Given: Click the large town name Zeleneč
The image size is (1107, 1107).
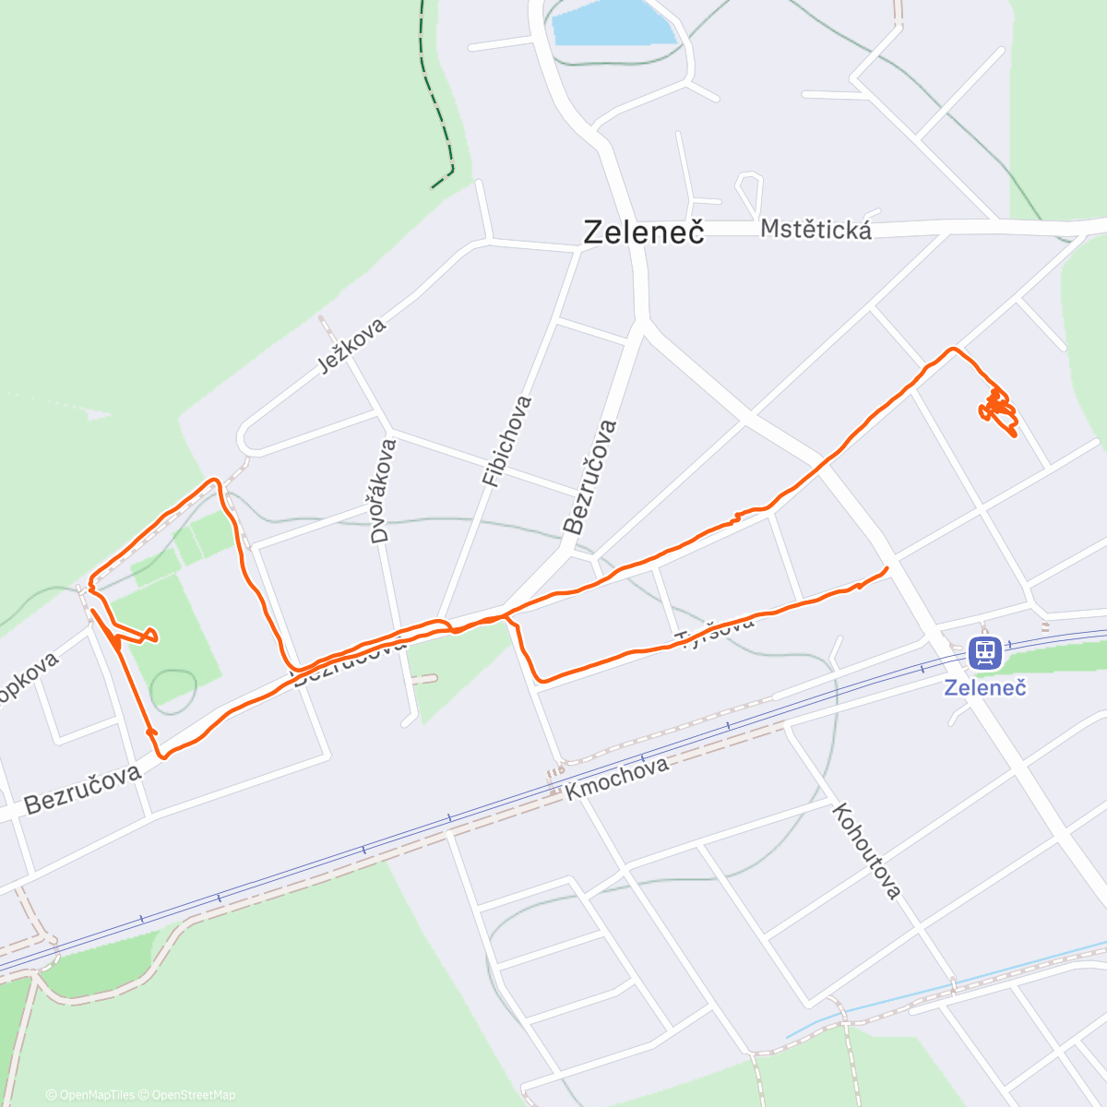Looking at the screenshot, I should [644, 232].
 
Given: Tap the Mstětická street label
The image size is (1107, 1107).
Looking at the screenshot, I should [815, 229].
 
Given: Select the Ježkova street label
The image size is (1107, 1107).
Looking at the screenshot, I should [351, 345].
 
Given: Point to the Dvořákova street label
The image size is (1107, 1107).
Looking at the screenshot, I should [384, 490].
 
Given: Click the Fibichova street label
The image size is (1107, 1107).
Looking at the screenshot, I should [506, 441].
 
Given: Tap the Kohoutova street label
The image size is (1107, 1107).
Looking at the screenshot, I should [865, 851].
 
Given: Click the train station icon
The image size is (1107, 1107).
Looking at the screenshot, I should [985, 653].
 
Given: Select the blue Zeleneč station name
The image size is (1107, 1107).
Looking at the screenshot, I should [985, 687].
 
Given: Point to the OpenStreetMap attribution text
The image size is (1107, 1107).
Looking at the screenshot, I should [193, 1095].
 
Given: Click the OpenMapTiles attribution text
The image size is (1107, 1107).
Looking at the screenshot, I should [97, 1095].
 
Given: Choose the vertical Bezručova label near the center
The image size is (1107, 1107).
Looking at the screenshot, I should [589, 477].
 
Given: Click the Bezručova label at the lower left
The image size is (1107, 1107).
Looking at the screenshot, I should [83, 790].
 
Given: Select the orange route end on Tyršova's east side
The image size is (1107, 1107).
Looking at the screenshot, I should [886, 568].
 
